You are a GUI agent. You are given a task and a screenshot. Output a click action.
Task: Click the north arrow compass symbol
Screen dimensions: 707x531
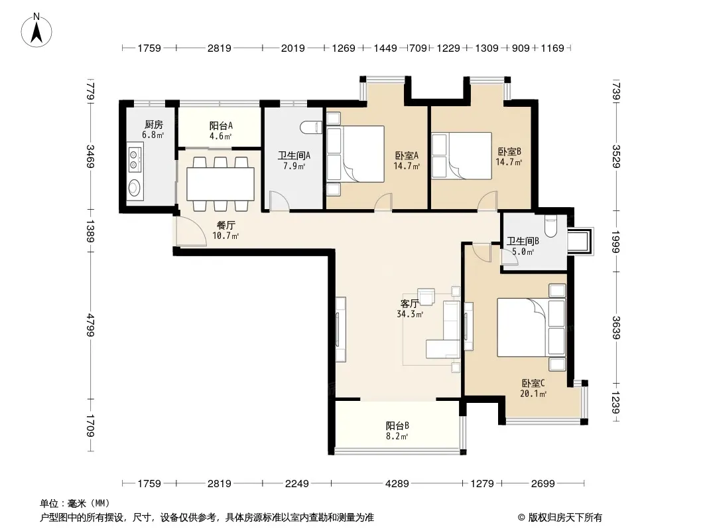pos(36,31)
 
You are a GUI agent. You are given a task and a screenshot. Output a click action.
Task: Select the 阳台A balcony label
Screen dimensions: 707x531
pos(221,126)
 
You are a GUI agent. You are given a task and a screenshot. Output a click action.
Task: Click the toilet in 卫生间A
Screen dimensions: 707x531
pos(311,127)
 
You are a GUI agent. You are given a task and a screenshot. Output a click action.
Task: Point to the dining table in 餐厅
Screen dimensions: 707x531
pos(220,184)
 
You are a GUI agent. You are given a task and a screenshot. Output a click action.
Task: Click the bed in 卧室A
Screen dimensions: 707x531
pos(355,154)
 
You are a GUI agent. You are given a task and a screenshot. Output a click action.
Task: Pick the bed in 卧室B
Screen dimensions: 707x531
pos(462,155)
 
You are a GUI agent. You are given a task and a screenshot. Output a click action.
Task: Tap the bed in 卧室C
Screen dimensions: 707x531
pos(531,327)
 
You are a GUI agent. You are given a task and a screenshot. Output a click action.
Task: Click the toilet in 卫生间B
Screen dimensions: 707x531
pos(551,226)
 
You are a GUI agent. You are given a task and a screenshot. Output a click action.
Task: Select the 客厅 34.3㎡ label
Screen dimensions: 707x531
pos(410,309)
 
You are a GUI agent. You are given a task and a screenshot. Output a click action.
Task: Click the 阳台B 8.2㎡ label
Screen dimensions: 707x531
pos(397,430)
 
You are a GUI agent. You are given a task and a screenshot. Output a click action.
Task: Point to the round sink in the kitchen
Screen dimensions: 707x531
pos(135,187)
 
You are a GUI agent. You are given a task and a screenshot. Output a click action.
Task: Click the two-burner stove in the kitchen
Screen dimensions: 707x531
pos(135,160)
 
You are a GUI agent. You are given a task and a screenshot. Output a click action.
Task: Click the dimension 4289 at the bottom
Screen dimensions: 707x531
pos(397,484)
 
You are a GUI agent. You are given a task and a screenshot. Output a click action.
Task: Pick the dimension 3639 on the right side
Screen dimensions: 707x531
pos(616,327)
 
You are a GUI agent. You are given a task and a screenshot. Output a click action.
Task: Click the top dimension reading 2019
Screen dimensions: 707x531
pos(293,48)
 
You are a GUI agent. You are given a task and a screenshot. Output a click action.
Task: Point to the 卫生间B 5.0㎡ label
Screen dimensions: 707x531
pos(523,246)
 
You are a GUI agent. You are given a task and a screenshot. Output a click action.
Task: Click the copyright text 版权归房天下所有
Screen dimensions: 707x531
pos(565,518)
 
